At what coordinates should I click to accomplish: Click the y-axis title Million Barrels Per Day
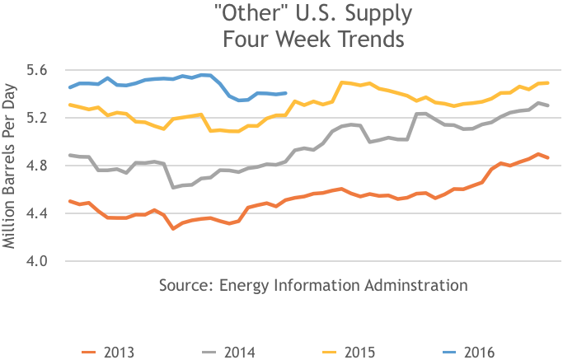[x=12, y=166]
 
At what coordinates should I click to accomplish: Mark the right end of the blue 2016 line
[x=286, y=93]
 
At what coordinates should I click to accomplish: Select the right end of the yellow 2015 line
[x=548, y=83]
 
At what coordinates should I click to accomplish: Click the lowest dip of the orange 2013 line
[x=173, y=228]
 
